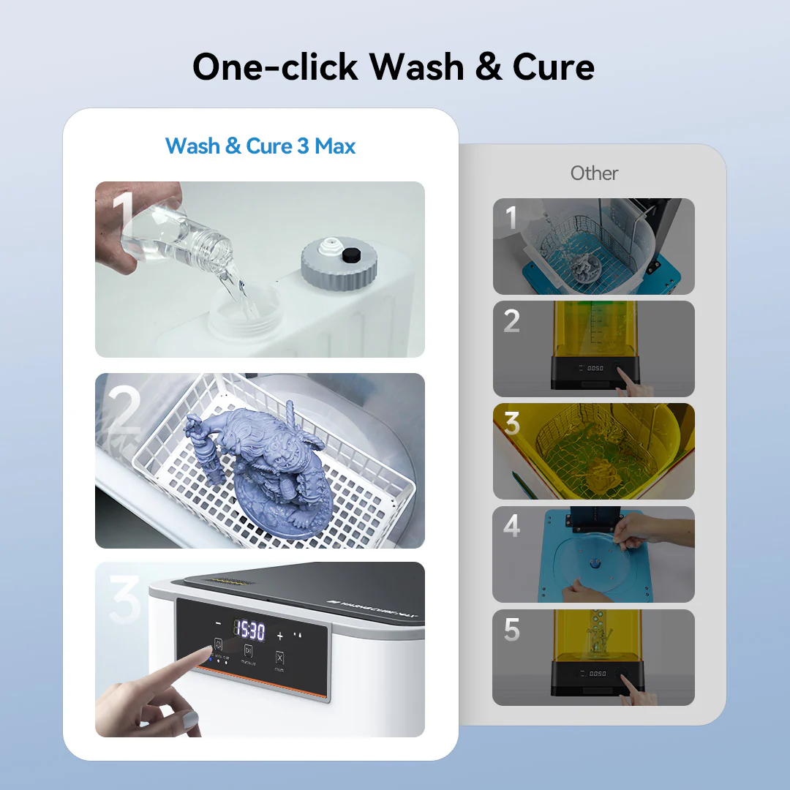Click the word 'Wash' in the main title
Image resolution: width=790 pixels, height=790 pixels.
click(x=415, y=67)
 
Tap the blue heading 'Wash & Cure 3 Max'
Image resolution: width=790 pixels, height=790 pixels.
click(x=260, y=146)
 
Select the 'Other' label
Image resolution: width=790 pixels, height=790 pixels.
click(x=594, y=173)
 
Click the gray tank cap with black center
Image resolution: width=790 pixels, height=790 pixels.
click(x=339, y=263)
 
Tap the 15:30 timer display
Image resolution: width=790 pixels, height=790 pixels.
click(x=249, y=630)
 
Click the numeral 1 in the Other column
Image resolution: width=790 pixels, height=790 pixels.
click(x=511, y=218)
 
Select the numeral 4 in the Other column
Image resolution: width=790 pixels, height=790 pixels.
click(x=511, y=526)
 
